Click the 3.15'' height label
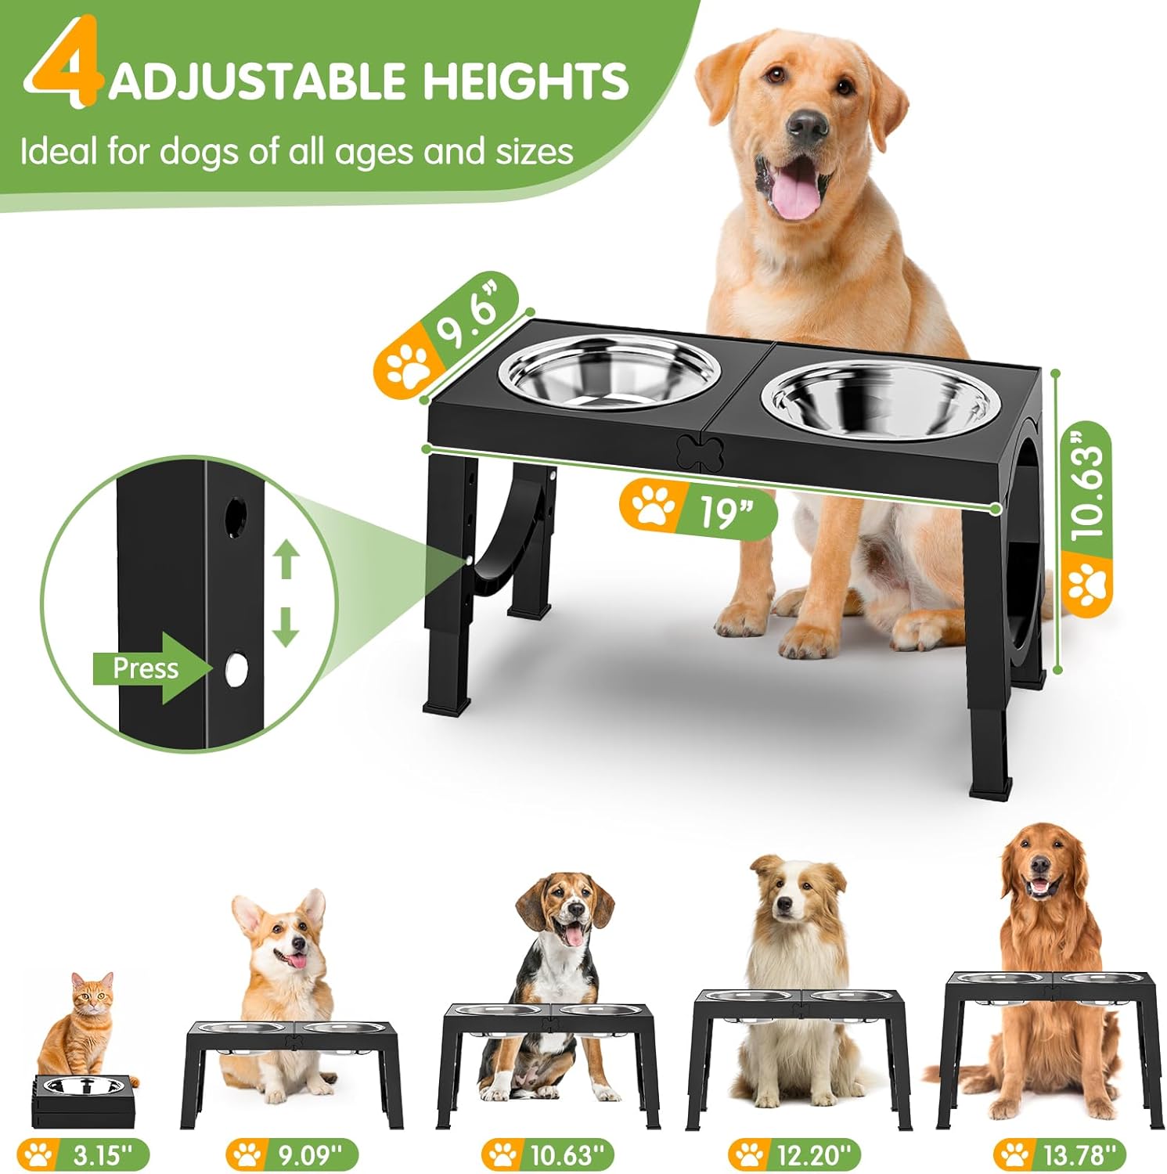[86, 1155]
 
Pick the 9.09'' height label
[293, 1154]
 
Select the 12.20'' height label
[794, 1154]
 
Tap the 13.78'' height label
[1061, 1154]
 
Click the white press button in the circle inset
[235, 669]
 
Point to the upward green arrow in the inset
[286, 560]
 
